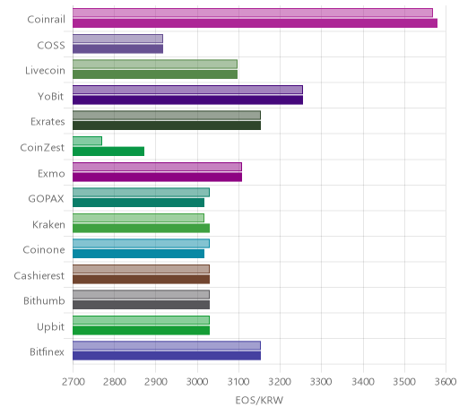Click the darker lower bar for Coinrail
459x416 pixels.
click(255, 23)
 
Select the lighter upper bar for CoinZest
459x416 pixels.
click(87, 141)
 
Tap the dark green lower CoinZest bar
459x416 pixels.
click(108, 152)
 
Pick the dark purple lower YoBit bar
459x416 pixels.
click(187, 100)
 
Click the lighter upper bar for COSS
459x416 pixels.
click(117, 39)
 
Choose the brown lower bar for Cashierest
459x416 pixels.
click(141, 279)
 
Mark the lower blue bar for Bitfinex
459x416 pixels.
click(167, 356)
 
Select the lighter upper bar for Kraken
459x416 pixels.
click(138, 218)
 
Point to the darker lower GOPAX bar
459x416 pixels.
click(138, 203)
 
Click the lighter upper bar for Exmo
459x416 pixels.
click(157, 167)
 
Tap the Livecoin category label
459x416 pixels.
click(45, 71)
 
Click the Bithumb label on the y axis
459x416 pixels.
click(44, 300)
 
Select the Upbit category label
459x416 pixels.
click(50, 326)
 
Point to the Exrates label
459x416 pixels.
click(48, 122)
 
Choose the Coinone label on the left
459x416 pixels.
click(44, 249)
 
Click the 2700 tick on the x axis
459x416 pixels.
click(74, 382)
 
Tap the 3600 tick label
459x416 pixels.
click(446, 382)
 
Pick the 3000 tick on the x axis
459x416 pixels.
click(197, 382)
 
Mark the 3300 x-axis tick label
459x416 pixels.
click(321, 382)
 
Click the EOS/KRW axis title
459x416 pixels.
click(259, 400)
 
